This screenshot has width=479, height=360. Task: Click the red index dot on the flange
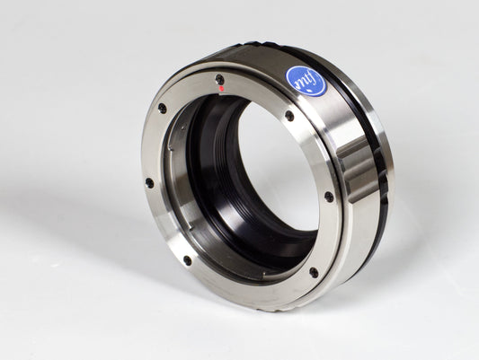point(221,89)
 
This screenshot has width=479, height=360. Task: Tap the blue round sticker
point(306,81)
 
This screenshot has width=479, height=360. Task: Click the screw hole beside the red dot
point(219,79)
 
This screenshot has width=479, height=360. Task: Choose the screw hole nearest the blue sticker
point(289,116)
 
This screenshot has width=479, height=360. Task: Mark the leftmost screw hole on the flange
point(149,182)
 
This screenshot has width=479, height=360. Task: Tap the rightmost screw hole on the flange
point(329,197)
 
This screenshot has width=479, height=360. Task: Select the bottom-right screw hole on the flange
point(314,272)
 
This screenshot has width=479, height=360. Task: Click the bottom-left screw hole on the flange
point(188,260)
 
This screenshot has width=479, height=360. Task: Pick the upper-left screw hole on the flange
point(163,109)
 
